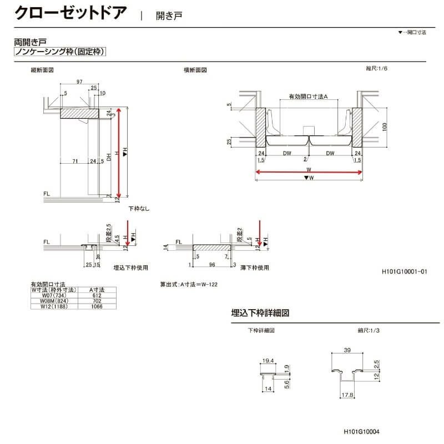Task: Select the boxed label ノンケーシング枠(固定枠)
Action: pyautogui.click(x=59, y=52)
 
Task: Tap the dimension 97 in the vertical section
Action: pyautogui.click(x=80, y=82)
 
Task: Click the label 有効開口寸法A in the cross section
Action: pyautogui.click(x=309, y=97)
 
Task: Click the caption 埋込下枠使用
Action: pyautogui.click(x=130, y=268)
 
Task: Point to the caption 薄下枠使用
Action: pyautogui.click(x=255, y=268)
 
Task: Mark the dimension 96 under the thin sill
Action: pyautogui.click(x=211, y=265)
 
